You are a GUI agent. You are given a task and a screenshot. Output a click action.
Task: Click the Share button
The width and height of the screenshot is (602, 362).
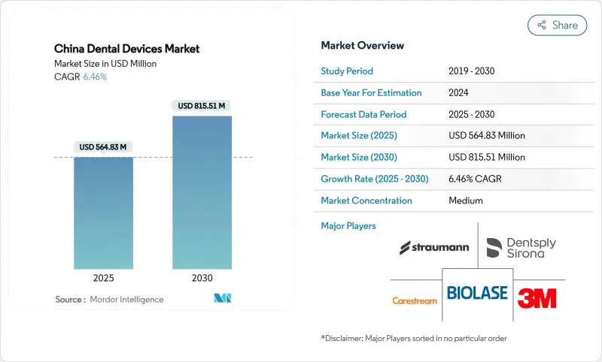[557, 25]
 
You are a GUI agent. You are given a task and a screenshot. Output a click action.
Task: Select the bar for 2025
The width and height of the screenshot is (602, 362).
[103, 214]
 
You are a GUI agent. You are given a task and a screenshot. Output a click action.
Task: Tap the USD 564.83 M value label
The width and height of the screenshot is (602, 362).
[103, 146]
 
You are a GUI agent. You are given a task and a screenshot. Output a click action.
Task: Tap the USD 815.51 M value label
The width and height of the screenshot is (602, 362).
[202, 106]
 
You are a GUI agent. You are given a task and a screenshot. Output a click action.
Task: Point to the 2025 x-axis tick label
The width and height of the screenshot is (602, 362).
[103, 277]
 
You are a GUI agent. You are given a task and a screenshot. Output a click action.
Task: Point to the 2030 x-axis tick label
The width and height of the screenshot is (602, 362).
[202, 277]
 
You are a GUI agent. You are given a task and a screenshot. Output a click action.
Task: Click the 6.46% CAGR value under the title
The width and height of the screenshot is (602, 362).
[94, 77]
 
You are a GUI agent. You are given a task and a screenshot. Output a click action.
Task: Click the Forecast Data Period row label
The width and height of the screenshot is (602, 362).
[363, 115]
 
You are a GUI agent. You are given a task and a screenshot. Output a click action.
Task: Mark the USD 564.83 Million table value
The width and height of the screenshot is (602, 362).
[486, 136]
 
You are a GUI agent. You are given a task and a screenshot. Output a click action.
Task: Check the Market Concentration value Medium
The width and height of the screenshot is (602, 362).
[465, 201]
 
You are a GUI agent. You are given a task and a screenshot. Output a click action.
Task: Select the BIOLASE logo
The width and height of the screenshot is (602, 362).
[477, 293]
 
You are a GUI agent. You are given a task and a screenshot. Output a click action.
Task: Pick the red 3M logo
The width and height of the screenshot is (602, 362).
[537, 297]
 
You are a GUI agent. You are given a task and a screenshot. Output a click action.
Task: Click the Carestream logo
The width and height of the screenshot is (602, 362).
[415, 301]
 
